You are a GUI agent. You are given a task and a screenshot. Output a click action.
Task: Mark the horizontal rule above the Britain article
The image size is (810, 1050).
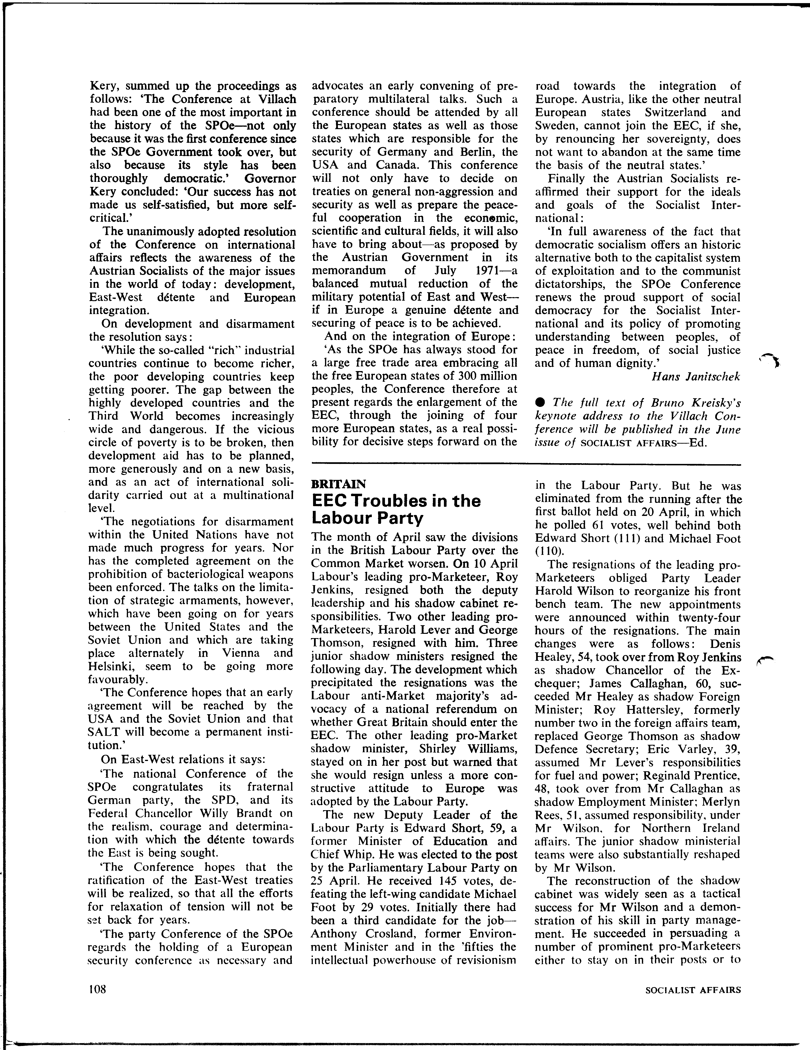[526, 464]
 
